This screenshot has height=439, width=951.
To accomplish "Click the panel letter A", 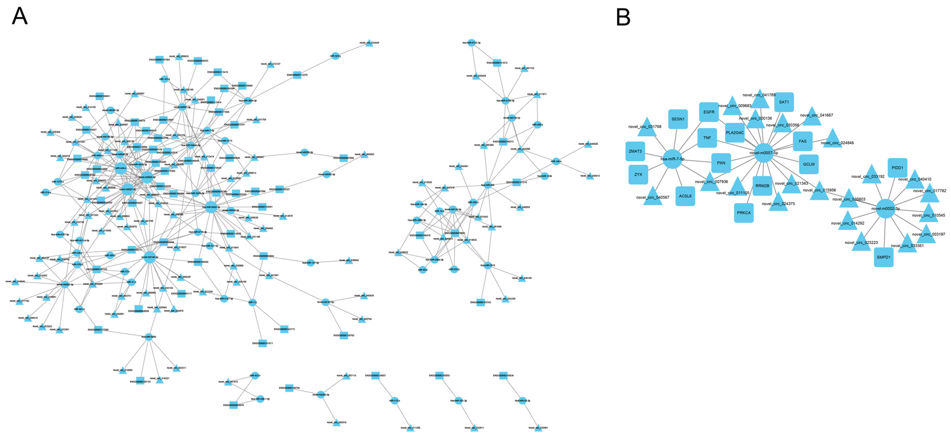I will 20,17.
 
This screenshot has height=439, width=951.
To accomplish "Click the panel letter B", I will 623,17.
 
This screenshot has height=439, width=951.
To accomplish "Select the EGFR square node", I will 709,112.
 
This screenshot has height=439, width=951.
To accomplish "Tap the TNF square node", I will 707,138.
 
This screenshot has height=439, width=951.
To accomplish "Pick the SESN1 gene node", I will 678,119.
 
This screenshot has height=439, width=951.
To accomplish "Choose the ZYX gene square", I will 638,174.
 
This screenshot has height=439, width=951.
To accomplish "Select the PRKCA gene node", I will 744,213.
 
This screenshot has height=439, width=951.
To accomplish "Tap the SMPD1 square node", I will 883,257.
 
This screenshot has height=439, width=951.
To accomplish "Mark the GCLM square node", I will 809,164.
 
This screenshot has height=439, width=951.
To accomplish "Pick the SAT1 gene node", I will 784,102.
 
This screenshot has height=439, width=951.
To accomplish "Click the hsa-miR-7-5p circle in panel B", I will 672,159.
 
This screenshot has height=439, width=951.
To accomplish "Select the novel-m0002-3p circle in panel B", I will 885,209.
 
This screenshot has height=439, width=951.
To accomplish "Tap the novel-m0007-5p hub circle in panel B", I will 763,153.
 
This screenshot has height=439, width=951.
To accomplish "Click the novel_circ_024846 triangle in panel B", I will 832,139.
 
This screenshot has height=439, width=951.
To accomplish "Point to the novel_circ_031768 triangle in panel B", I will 647,128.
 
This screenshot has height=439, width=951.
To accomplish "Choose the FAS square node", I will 802,141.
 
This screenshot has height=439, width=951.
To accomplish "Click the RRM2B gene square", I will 762,186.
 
